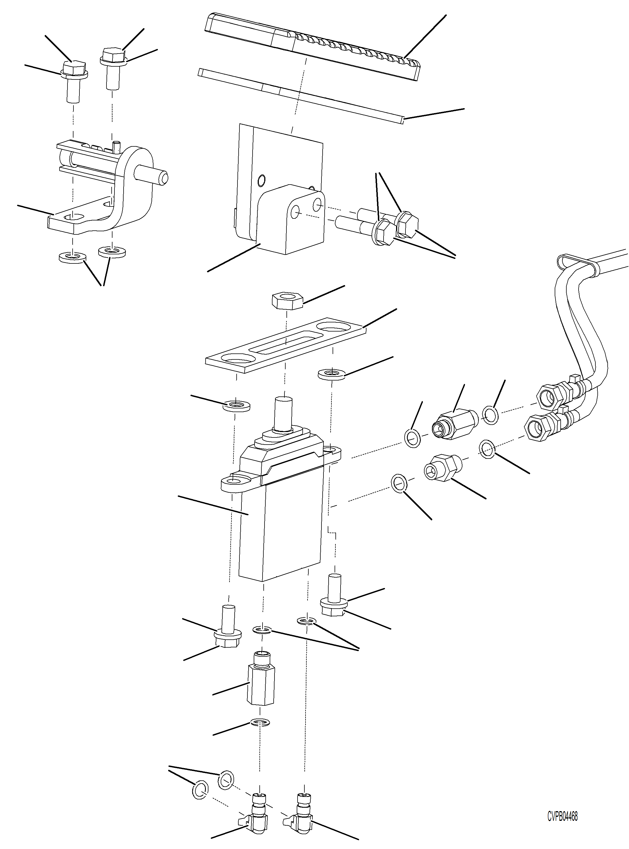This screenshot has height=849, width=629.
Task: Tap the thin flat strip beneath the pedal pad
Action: click(x=301, y=95)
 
